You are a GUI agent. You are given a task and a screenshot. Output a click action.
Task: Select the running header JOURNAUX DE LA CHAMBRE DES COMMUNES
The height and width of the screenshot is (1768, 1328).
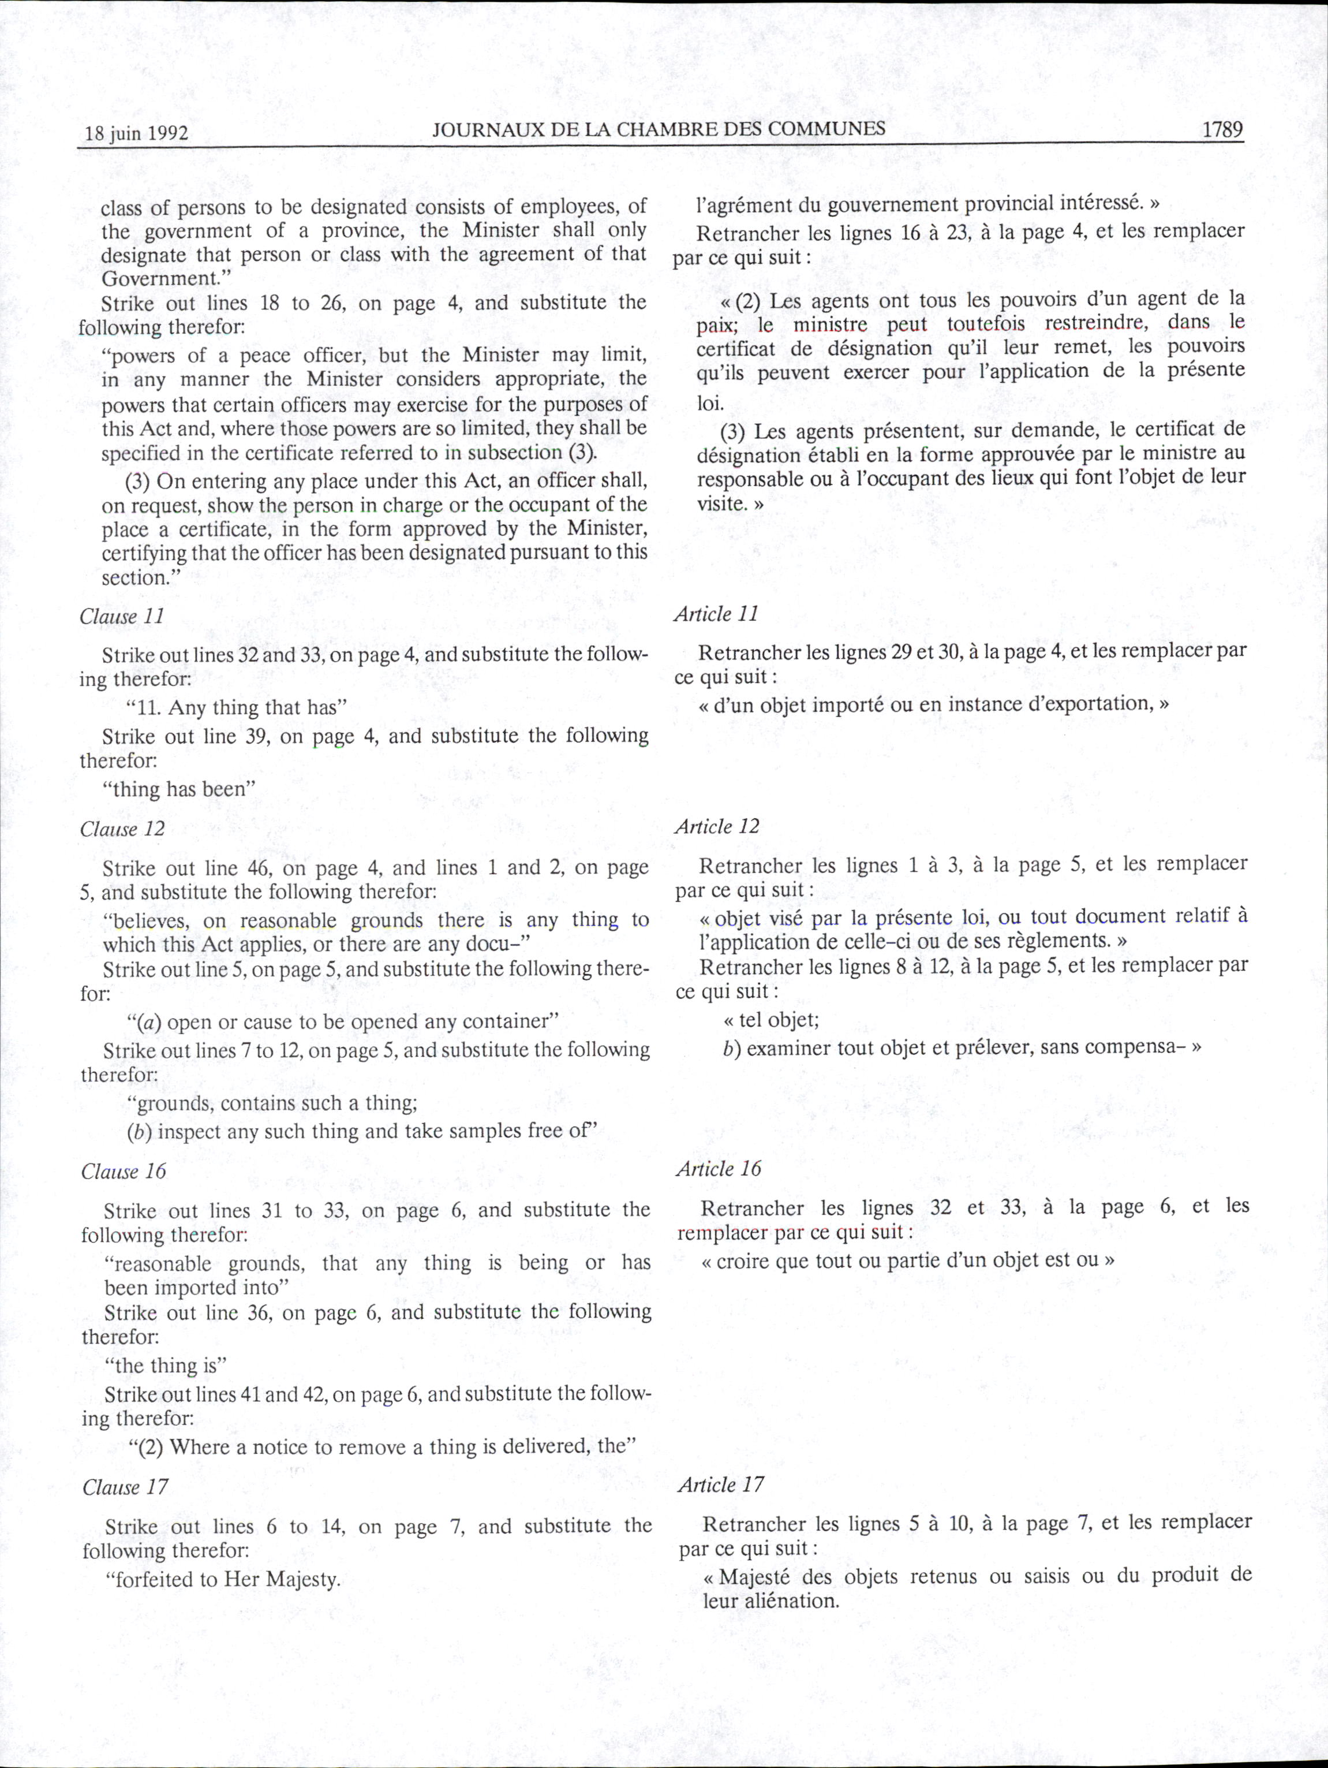pos(659,129)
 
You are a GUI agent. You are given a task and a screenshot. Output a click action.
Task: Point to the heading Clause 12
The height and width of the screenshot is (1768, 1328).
pos(122,829)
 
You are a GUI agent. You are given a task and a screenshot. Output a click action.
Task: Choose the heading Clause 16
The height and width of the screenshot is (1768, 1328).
pos(123,1171)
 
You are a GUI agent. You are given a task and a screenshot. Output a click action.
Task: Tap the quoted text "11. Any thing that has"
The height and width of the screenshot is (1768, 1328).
pos(235,707)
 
